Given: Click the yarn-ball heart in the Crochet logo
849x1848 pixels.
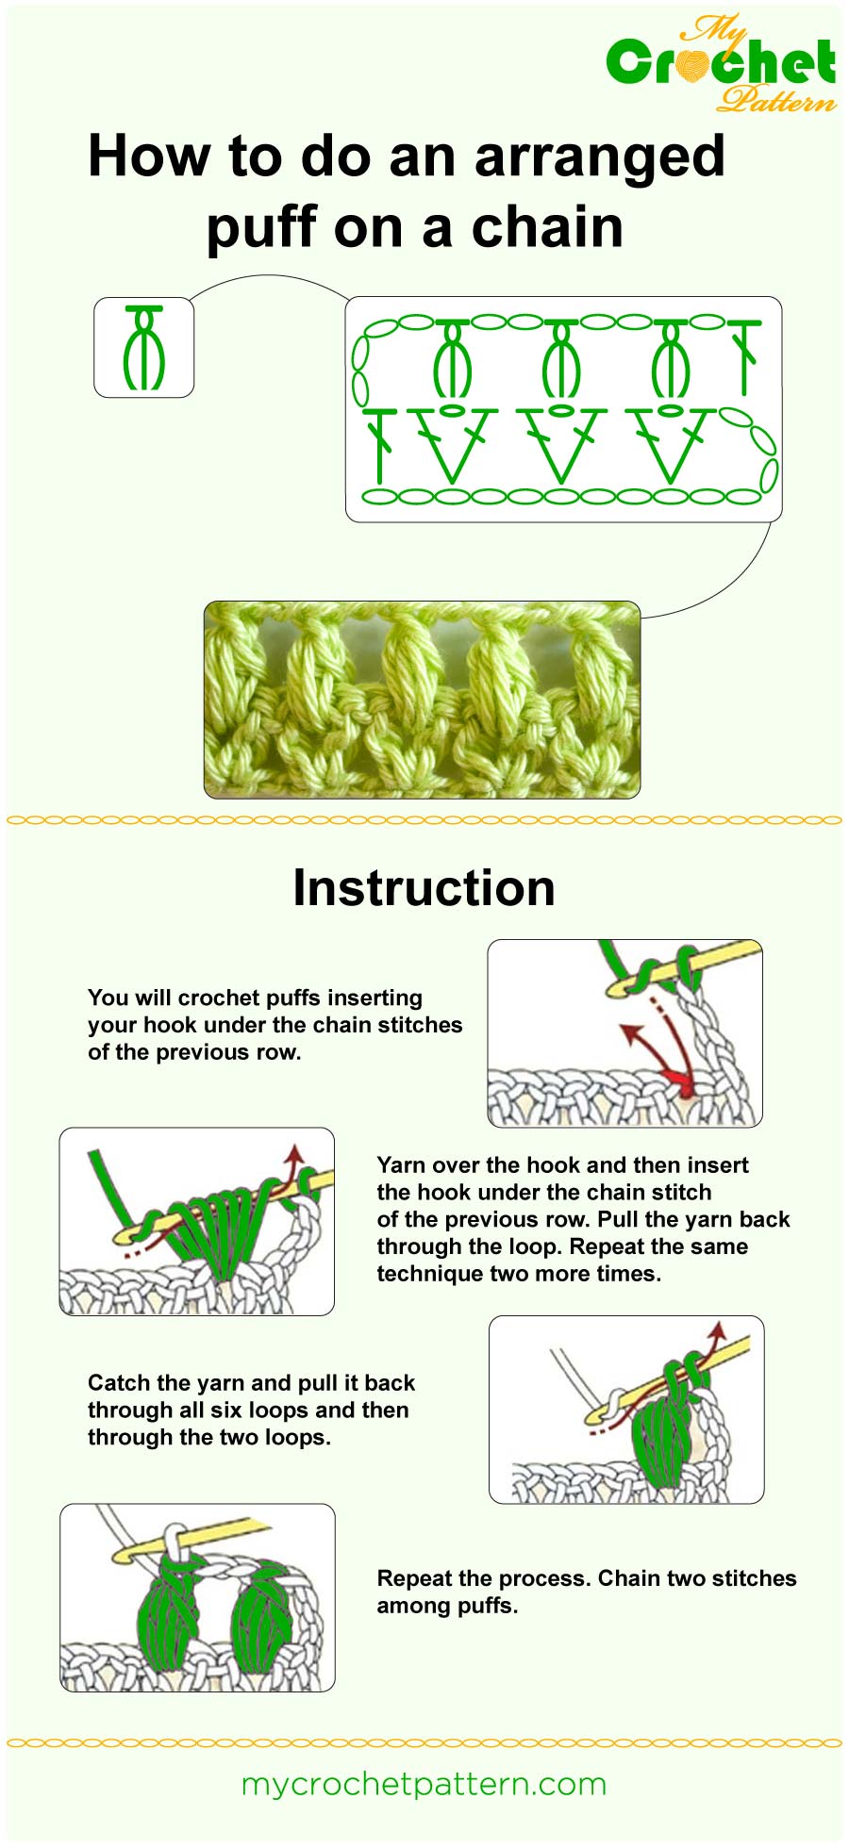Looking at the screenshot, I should coord(692,63).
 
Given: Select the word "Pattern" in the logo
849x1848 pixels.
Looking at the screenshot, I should coord(775,98).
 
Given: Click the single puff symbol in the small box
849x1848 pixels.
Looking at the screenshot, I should coord(143,347).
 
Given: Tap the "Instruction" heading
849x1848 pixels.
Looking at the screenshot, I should coord(424,888).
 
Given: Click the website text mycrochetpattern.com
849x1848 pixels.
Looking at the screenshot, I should coord(424,1784).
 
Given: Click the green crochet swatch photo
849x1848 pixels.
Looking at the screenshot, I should coord(422,700).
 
